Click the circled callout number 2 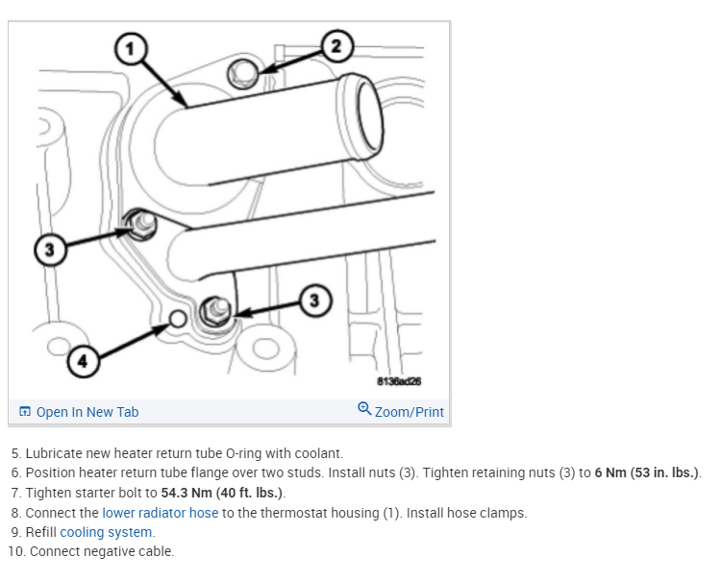(x=336, y=44)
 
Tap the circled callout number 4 (x=82, y=361)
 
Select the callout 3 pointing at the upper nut (x=51, y=251)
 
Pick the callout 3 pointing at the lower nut (x=312, y=301)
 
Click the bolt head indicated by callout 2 (x=243, y=72)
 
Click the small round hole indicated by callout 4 (x=176, y=319)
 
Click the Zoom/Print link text (x=410, y=412)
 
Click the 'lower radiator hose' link (x=160, y=513)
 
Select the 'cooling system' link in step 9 (x=106, y=532)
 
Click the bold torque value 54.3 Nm (x=192, y=493)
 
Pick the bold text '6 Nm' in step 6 (x=610, y=472)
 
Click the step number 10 (x=15, y=551)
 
